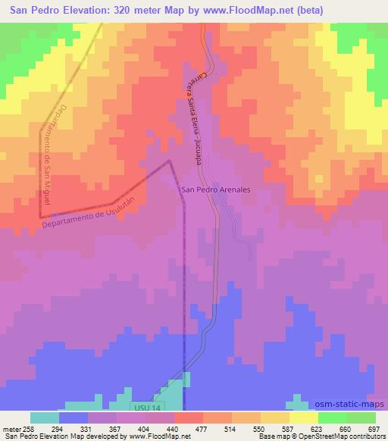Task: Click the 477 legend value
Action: [x=201, y=430]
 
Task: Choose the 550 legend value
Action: [x=259, y=430]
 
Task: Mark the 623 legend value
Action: [x=317, y=430]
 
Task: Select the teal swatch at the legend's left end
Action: [x=45, y=418]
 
